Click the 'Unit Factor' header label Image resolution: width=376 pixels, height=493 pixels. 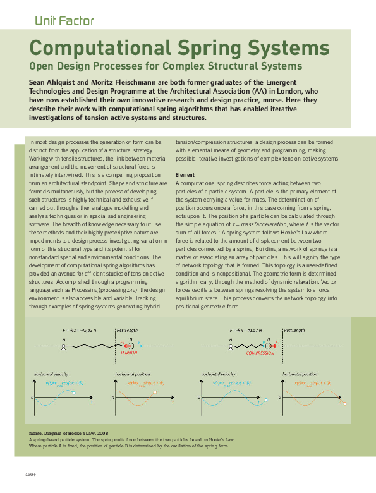[64, 21]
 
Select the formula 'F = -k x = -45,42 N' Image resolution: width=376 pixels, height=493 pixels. [79, 330]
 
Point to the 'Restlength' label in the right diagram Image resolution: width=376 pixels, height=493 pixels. [296, 330]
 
